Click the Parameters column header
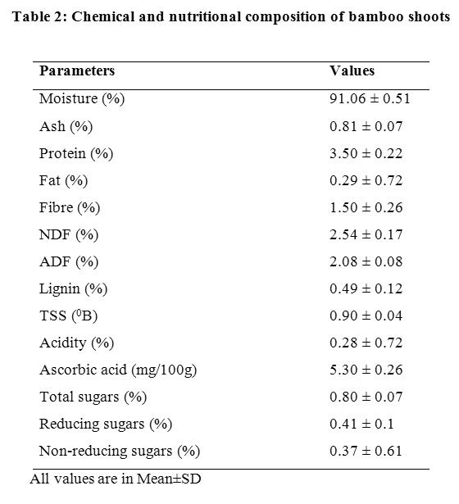(77, 70)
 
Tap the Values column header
(352, 70)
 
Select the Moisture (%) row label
(82, 98)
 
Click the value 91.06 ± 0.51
(370, 98)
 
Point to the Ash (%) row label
(66, 126)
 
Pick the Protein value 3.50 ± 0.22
(366, 153)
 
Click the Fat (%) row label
(63, 180)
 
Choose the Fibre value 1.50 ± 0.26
(366, 207)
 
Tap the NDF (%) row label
(69, 235)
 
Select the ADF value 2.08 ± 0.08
(366, 261)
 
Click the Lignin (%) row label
(73, 289)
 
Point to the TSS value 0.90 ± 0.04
(366, 316)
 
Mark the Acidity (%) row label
(76, 343)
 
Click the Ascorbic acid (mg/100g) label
(118, 370)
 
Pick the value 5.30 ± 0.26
(366, 370)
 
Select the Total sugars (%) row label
(93, 397)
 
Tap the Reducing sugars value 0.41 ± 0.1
(361, 424)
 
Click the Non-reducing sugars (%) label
(120, 452)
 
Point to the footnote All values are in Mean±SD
(116, 479)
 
